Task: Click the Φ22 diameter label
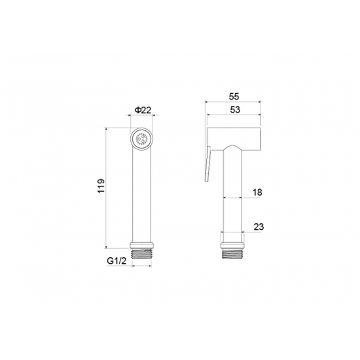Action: pyautogui.click(x=143, y=110)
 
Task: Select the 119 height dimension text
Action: pyautogui.click(x=101, y=186)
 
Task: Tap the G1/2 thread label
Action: pyautogui.click(x=117, y=261)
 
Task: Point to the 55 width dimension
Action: pyautogui.click(x=234, y=97)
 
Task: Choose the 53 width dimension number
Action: pyautogui.click(x=235, y=110)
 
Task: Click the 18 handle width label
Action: pyautogui.click(x=257, y=192)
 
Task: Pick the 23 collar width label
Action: pyautogui.click(x=259, y=227)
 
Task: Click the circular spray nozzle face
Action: pyautogui.click(x=142, y=139)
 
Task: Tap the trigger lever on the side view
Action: pyautogui.click(x=207, y=164)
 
